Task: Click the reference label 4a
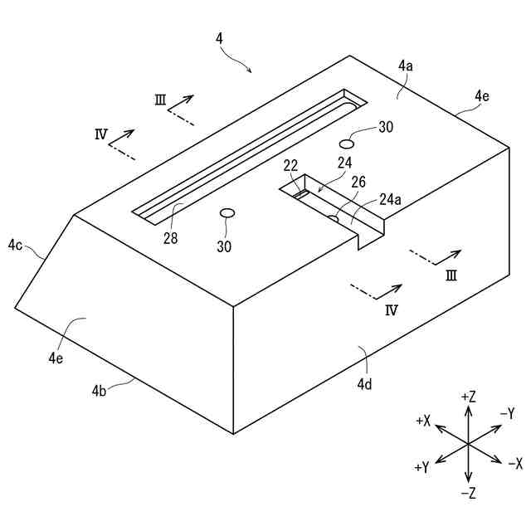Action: click(406, 65)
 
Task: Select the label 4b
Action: click(100, 389)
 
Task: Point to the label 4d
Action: click(364, 383)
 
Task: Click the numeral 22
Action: click(290, 165)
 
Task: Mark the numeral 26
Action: click(358, 182)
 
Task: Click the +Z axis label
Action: click(468, 397)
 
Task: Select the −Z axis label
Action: click(468, 494)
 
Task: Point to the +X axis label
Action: click(422, 421)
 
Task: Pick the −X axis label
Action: click(515, 463)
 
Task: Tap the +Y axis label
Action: click(421, 467)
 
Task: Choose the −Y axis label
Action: click(507, 413)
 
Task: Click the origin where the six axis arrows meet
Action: click(468, 445)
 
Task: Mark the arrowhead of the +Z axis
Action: click(468, 408)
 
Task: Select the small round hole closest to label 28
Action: click(227, 213)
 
